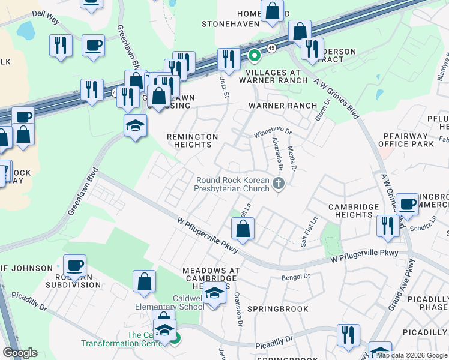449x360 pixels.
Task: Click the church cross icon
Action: pyautogui.click(x=278, y=184)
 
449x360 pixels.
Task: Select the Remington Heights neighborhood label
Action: pyautogui.click(x=193, y=140)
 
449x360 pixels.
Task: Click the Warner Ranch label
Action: pyautogui.click(x=283, y=106)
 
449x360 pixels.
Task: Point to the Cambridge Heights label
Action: pyautogui.click(x=353, y=211)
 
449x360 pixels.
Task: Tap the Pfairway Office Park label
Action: pyautogui.click(x=406, y=140)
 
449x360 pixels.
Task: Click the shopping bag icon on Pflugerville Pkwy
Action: pyautogui.click(x=243, y=229)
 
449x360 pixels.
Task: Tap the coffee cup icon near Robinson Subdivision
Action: pyautogui.click(x=75, y=266)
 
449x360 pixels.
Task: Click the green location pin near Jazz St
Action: pyautogui.click(x=254, y=56)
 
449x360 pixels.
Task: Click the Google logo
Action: pyautogui.click(x=20, y=353)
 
